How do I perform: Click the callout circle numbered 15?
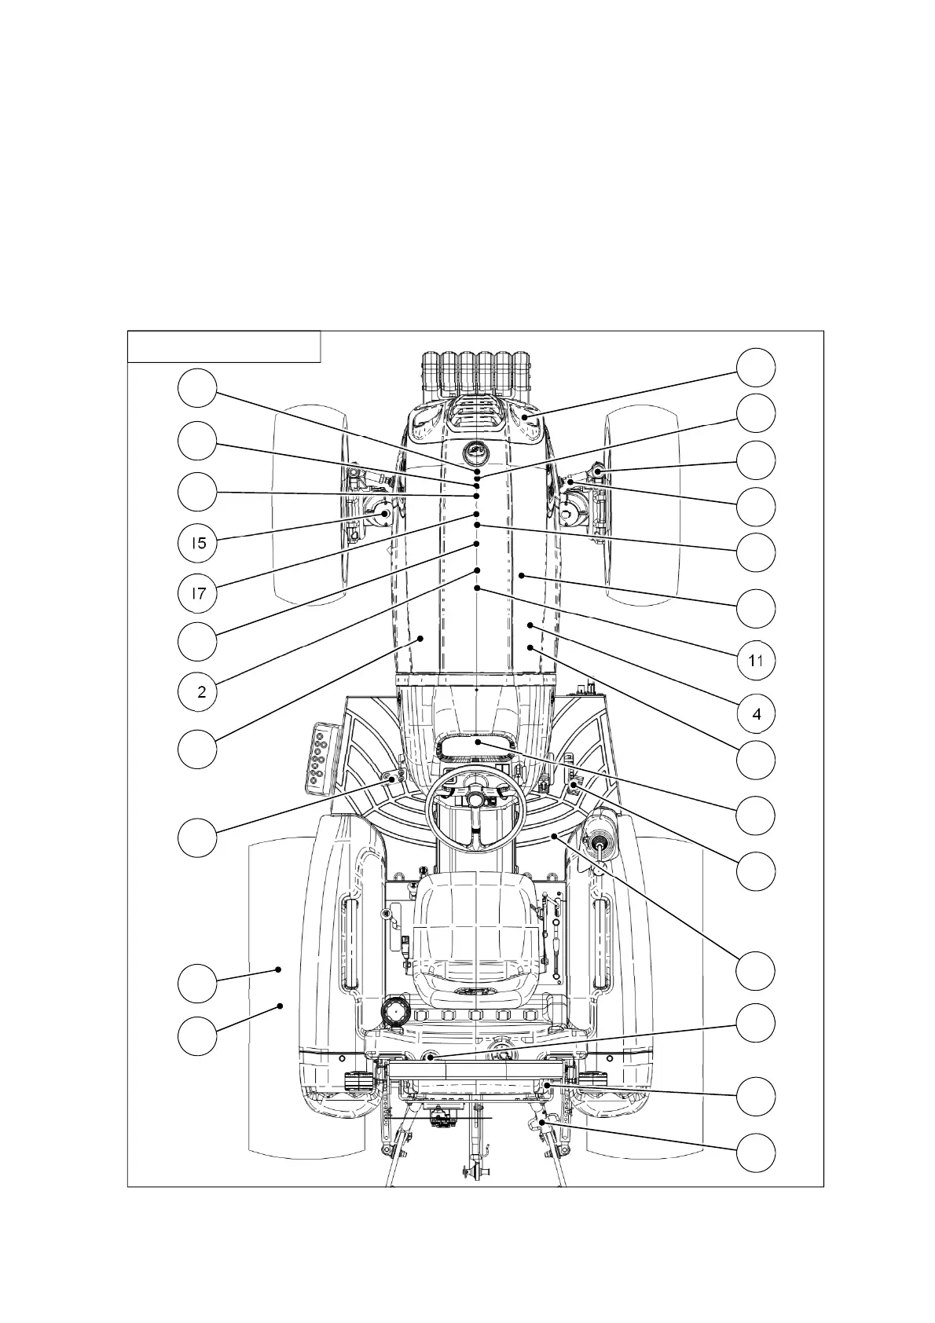[198, 543]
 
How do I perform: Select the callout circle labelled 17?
[198, 592]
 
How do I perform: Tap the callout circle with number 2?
[198, 691]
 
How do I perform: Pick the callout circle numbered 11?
[756, 661]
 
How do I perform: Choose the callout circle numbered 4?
[756, 714]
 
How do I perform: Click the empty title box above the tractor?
[225, 346]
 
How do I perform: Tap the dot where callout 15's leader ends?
[385, 514]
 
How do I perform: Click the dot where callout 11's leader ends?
[478, 587]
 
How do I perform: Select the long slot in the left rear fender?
[348, 943]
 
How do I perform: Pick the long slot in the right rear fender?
[603, 943]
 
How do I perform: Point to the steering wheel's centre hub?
[475, 799]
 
